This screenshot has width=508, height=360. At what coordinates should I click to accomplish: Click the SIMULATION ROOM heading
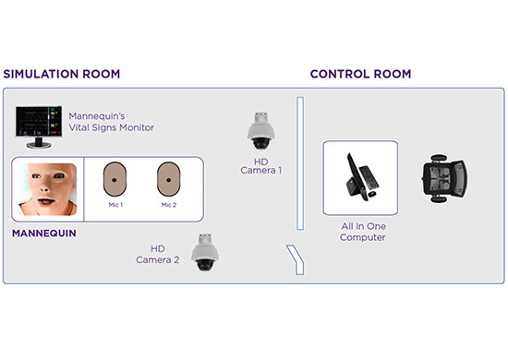(62, 74)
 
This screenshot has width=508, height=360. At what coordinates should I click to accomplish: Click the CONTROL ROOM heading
(360, 74)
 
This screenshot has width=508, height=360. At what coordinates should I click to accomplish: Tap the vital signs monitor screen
(39, 122)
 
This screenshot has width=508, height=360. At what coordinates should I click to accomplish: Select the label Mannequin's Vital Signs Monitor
(111, 122)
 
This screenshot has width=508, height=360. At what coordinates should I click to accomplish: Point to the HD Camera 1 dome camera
(261, 131)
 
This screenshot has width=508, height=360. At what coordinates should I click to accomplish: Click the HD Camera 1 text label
(261, 166)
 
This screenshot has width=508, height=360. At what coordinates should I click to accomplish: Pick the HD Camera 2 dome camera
(205, 252)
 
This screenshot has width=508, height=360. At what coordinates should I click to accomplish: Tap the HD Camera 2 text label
(158, 254)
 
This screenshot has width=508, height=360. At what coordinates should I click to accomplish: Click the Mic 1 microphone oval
(115, 179)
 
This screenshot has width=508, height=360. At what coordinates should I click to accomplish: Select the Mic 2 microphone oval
(168, 179)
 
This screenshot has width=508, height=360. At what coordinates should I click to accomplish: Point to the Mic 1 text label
(115, 205)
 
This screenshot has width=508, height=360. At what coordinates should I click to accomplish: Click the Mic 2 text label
(169, 205)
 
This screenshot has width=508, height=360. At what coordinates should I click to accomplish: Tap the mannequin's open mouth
(46, 201)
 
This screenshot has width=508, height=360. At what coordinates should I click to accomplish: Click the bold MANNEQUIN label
(44, 234)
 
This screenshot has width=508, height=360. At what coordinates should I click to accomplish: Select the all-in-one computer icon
(361, 177)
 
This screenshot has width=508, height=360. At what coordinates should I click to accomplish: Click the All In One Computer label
(363, 232)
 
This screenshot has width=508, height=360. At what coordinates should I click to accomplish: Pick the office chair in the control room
(444, 178)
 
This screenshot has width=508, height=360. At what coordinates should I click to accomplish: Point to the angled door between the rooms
(296, 258)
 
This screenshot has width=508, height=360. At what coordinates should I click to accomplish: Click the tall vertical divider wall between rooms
(300, 163)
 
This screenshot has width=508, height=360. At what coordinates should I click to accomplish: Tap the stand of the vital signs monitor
(39, 143)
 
